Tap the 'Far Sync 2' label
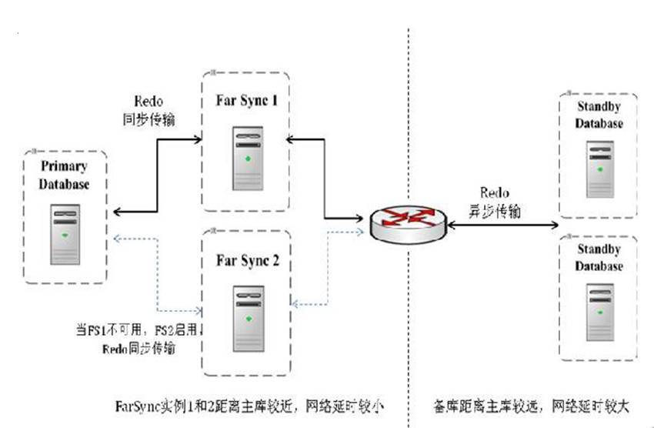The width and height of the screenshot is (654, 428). [246, 261]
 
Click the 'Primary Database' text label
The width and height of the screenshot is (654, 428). [65, 176]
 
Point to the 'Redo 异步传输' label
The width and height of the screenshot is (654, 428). [495, 201]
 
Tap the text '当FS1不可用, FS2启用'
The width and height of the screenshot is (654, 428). [137, 332]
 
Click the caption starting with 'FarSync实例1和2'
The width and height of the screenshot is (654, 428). [246, 403]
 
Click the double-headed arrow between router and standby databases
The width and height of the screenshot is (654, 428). [508, 224]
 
